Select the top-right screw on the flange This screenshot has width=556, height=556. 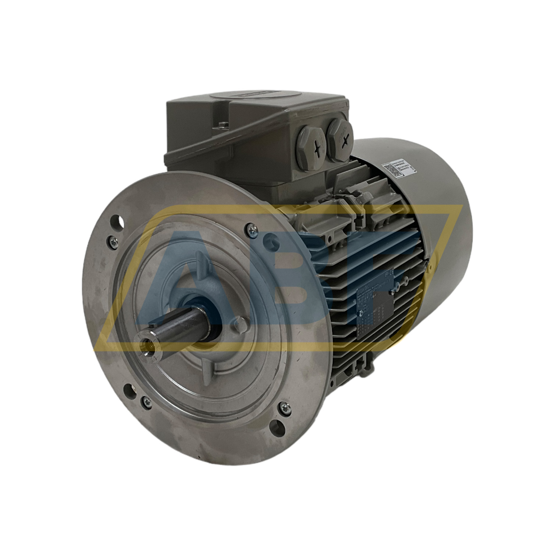(x=250, y=229)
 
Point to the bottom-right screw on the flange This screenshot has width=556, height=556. (x=286, y=407)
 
